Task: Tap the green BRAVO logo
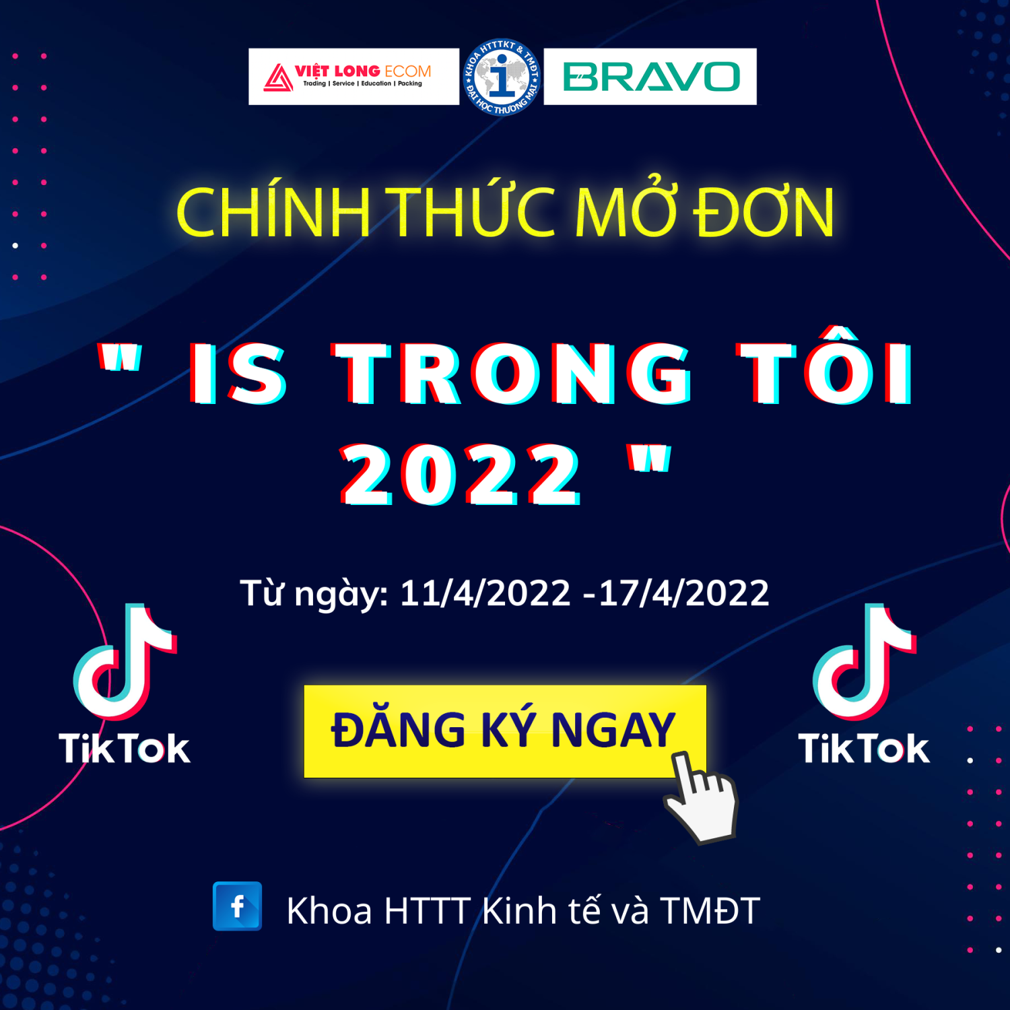650,77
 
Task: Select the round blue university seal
502,77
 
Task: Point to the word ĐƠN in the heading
764,212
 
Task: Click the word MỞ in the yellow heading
625,212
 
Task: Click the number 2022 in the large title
460,475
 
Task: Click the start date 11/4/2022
485,593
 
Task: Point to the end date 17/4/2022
683,593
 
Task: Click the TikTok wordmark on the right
864,749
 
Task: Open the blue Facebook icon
237,906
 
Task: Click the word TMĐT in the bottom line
710,910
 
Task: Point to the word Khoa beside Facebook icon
329,910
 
